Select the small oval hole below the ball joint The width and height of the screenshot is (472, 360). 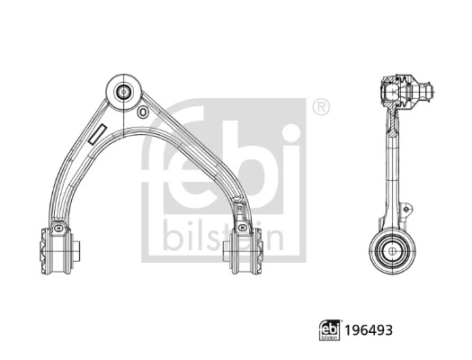pyautogui.click(x=142, y=112)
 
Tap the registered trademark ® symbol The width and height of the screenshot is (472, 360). pyautogui.click(x=319, y=107)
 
